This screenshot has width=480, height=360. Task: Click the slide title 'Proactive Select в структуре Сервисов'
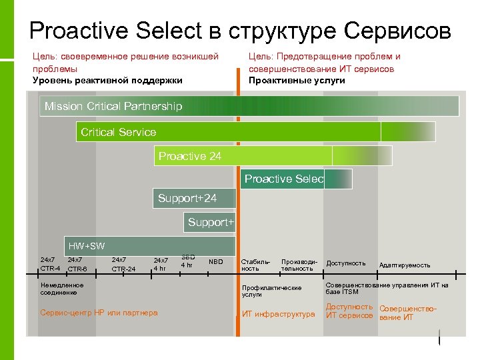[x=240, y=31]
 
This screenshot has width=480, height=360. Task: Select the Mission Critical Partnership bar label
[x=113, y=107]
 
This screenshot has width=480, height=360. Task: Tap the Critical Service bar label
[x=118, y=132]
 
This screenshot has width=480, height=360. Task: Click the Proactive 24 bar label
[x=189, y=156]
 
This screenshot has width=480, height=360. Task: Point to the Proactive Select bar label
[x=283, y=179]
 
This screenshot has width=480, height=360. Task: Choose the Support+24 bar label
[x=187, y=199]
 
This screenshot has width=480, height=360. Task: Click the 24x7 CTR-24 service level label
[x=123, y=265]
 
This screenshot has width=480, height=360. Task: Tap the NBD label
[x=216, y=261]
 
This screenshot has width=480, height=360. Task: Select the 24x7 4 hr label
[x=161, y=265]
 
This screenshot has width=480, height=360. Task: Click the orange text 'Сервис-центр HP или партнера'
[x=99, y=313]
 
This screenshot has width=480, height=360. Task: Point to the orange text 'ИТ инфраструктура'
[x=278, y=314]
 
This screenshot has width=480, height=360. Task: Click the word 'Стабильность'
[x=255, y=265]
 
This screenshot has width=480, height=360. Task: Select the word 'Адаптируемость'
[x=405, y=265]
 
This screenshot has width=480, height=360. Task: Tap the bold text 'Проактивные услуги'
[x=297, y=80]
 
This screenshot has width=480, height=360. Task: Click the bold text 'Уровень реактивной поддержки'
[x=107, y=80]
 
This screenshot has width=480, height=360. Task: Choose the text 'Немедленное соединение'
[x=62, y=288]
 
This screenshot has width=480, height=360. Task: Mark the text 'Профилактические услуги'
[x=271, y=291]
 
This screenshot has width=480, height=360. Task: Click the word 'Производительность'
[x=297, y=265]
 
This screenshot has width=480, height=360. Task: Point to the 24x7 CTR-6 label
[x=77, y=265]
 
